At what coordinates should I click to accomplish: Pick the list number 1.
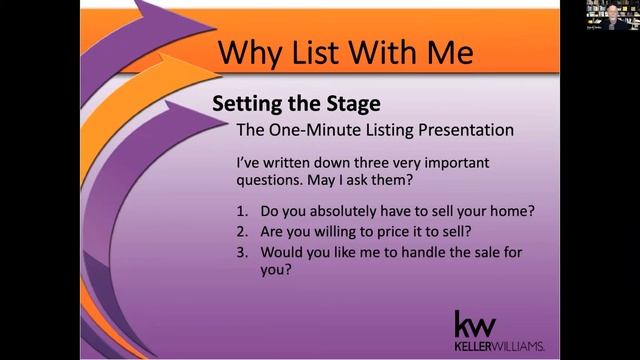click(241, 212)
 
